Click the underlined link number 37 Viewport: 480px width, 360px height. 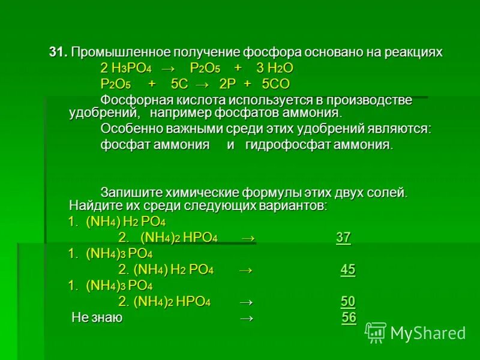pos(343,238)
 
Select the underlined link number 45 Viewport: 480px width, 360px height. pos(348,269)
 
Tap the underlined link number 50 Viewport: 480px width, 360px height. pos(348,301)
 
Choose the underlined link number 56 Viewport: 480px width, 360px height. pos(349,317)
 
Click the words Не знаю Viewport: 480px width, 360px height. pos(97,317)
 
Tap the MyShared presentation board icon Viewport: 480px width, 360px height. pos(376,332)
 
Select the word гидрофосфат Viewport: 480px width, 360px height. pos(283,145)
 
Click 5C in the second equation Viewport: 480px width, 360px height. pos(179,83)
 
